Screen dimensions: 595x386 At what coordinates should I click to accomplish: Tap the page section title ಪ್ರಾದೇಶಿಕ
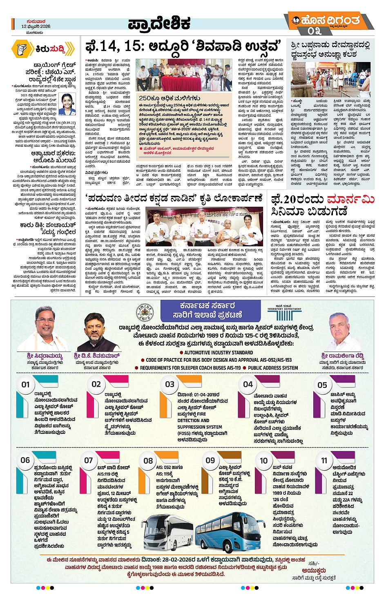point(159,24)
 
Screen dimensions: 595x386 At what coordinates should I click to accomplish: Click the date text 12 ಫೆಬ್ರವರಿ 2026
point(36,27)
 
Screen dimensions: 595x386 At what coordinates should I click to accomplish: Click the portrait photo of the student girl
point(67,104)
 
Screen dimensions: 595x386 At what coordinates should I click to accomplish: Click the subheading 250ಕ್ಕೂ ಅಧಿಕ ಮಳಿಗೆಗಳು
point(169,98)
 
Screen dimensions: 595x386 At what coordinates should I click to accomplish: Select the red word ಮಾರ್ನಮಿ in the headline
point(350,199)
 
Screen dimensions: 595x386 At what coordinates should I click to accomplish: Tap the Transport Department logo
point(284,313)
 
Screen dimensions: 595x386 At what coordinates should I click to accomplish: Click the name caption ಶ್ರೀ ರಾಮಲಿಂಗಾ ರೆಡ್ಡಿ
point(342,356)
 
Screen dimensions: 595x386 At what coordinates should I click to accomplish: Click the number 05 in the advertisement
point(322,385)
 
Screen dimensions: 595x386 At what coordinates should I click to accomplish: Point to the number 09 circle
point(210,460)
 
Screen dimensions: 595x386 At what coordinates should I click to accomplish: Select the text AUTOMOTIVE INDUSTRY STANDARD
point(219,352)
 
